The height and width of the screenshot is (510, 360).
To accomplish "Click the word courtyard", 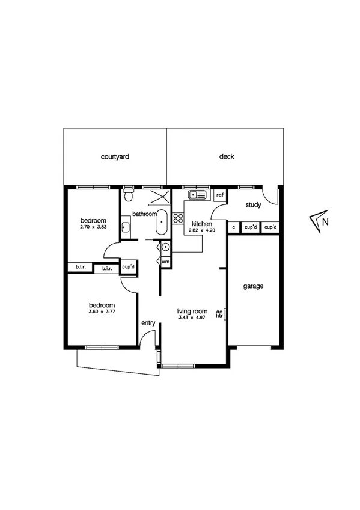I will point(115,157).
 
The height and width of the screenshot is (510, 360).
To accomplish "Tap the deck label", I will point(226,157).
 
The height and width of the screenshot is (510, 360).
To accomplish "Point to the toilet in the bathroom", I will point(128,195).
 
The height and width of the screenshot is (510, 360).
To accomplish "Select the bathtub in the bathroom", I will point(162,223).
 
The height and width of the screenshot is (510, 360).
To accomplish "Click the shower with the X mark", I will point(158,197).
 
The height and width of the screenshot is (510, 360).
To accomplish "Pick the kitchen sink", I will point(197,195).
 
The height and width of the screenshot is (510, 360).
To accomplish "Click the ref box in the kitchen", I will point(219,195).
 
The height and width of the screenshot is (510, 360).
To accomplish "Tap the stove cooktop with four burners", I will point(178,218).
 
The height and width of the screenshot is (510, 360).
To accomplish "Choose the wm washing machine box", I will point(165,262).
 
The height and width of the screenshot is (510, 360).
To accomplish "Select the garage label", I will point(253,287).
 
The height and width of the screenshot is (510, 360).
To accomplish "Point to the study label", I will point(253,206).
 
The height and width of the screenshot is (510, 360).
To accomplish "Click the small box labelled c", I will point(233,227).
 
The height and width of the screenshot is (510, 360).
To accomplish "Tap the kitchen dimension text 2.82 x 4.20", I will point(201,230).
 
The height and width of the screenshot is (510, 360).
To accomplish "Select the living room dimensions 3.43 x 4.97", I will point(192,318).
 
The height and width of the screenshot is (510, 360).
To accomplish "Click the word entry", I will point(148,324).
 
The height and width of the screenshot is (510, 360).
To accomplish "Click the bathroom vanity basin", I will point(126,227).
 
